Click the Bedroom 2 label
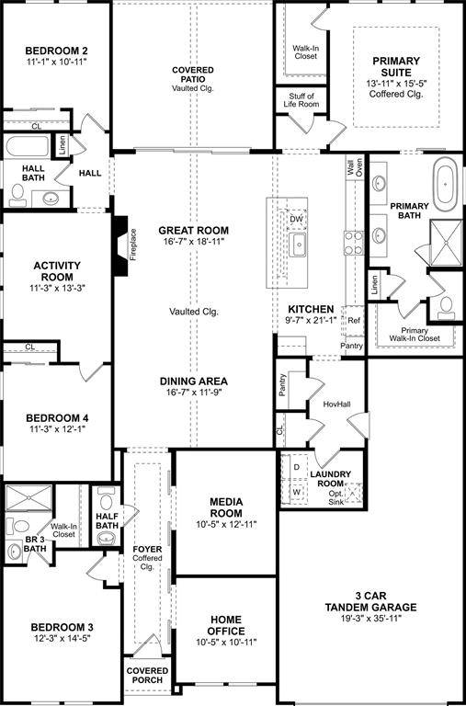[56, 50]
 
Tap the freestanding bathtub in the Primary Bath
[446, 183]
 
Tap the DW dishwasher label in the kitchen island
[296, 220]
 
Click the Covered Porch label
[148, 676]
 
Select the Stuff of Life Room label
[302, 101]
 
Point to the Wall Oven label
[354, 167]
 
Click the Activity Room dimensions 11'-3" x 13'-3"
[56, 288]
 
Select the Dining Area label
[193, 381]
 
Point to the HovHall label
[337, 404]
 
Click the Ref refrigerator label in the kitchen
[354, 321]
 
